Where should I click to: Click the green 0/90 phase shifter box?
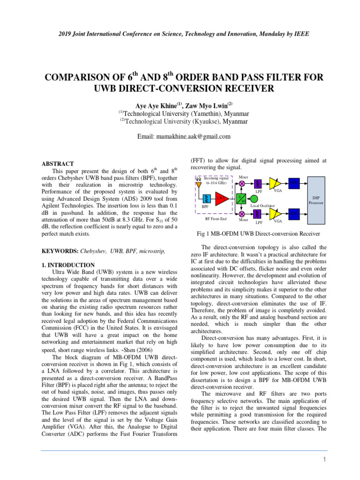click(x=242, y=199)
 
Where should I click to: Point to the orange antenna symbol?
click(x=199, y=183)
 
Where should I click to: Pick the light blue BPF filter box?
click(x=205, y=198)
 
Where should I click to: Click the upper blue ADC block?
click(x=293, y=183)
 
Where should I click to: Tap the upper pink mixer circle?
click(x=242, y=183)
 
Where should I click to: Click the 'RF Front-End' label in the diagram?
click(x=216, y=218)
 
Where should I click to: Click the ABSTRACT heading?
click(x=58, y=164)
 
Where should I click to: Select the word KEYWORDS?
click(x=60, y=251)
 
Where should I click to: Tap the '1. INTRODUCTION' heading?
click(x=68, y=265)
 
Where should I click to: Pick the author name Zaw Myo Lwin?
click(x=204, y=105)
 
